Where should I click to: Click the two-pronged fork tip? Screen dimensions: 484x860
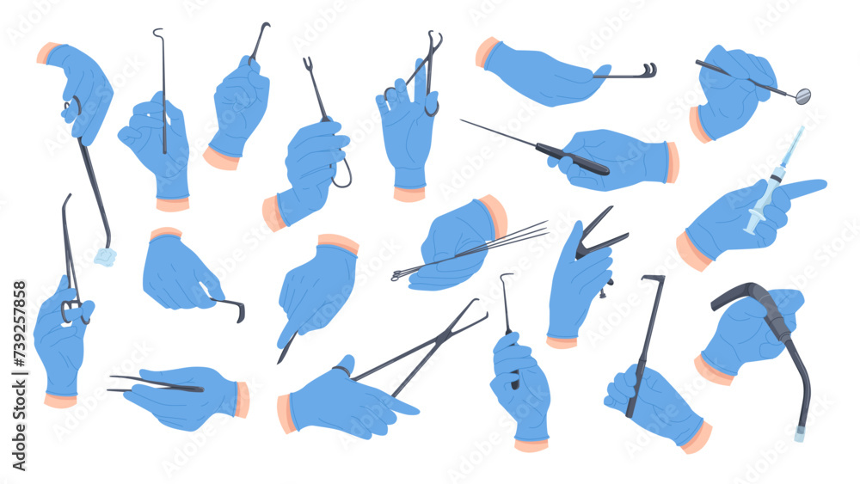point(308,64)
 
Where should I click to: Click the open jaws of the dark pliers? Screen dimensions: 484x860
point(602,228)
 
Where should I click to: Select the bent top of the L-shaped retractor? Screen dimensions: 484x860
point(653,279)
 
